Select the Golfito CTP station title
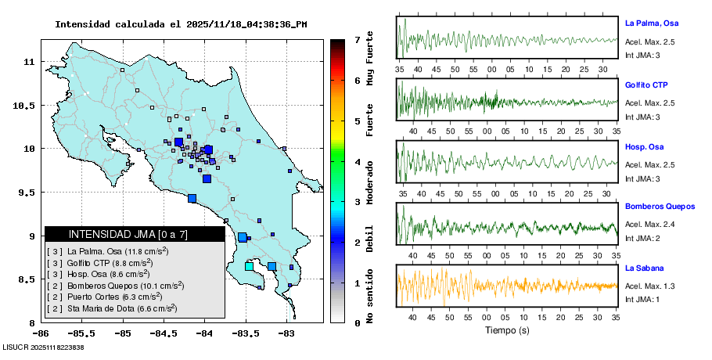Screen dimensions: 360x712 (646, 85)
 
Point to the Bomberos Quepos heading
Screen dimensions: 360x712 (660, 207)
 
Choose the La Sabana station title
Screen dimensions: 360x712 (643, 268)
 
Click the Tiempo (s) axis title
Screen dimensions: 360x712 (507, 330)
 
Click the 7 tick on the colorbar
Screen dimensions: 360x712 (356, 39)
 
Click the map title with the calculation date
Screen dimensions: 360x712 (181, 24)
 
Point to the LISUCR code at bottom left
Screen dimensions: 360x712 (43, 347)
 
